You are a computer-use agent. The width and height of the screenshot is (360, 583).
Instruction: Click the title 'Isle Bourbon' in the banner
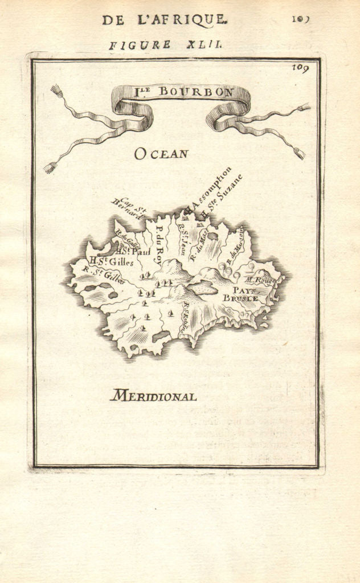(x=181, y=92)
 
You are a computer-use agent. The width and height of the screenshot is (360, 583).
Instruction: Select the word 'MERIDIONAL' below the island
(x=153, y=396)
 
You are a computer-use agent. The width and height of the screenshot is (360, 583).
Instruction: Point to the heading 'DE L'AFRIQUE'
(x=164, y=20)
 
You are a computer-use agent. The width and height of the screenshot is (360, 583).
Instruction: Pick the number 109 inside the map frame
(x=301, y=69)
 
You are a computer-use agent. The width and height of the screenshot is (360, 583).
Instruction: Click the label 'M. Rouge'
(x=260, y=280)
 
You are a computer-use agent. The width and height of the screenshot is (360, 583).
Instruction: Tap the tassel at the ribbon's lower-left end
(x=50, y=167)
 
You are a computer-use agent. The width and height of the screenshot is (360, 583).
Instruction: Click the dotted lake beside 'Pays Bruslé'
(x=203, y=289)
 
